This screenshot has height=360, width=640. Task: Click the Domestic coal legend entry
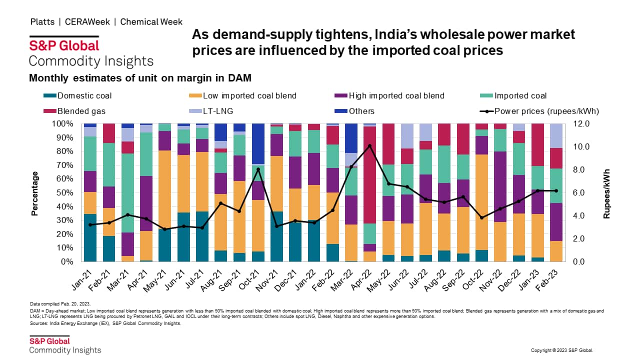pyautogui.click(x=84, y=96)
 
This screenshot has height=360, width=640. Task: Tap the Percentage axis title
pyautogui.click(x=35, y=193)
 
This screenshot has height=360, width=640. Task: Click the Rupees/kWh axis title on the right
pyautogui.click(x=607, y=193)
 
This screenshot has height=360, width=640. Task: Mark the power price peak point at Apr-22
pyautogui.click(x=369, y=146)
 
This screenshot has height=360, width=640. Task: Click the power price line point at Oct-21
pyautogui.click(x=258, y=169)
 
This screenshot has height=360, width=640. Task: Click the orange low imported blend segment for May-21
pyautogui.click(x=165, y=189)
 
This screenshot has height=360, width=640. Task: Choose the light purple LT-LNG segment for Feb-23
pyautogui.click(x=555, y=135)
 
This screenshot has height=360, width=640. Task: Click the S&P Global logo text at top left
pyautogui.click(x=64, y=45)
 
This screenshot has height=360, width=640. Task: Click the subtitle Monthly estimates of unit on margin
pyautogui.click(x=140, y=78)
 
